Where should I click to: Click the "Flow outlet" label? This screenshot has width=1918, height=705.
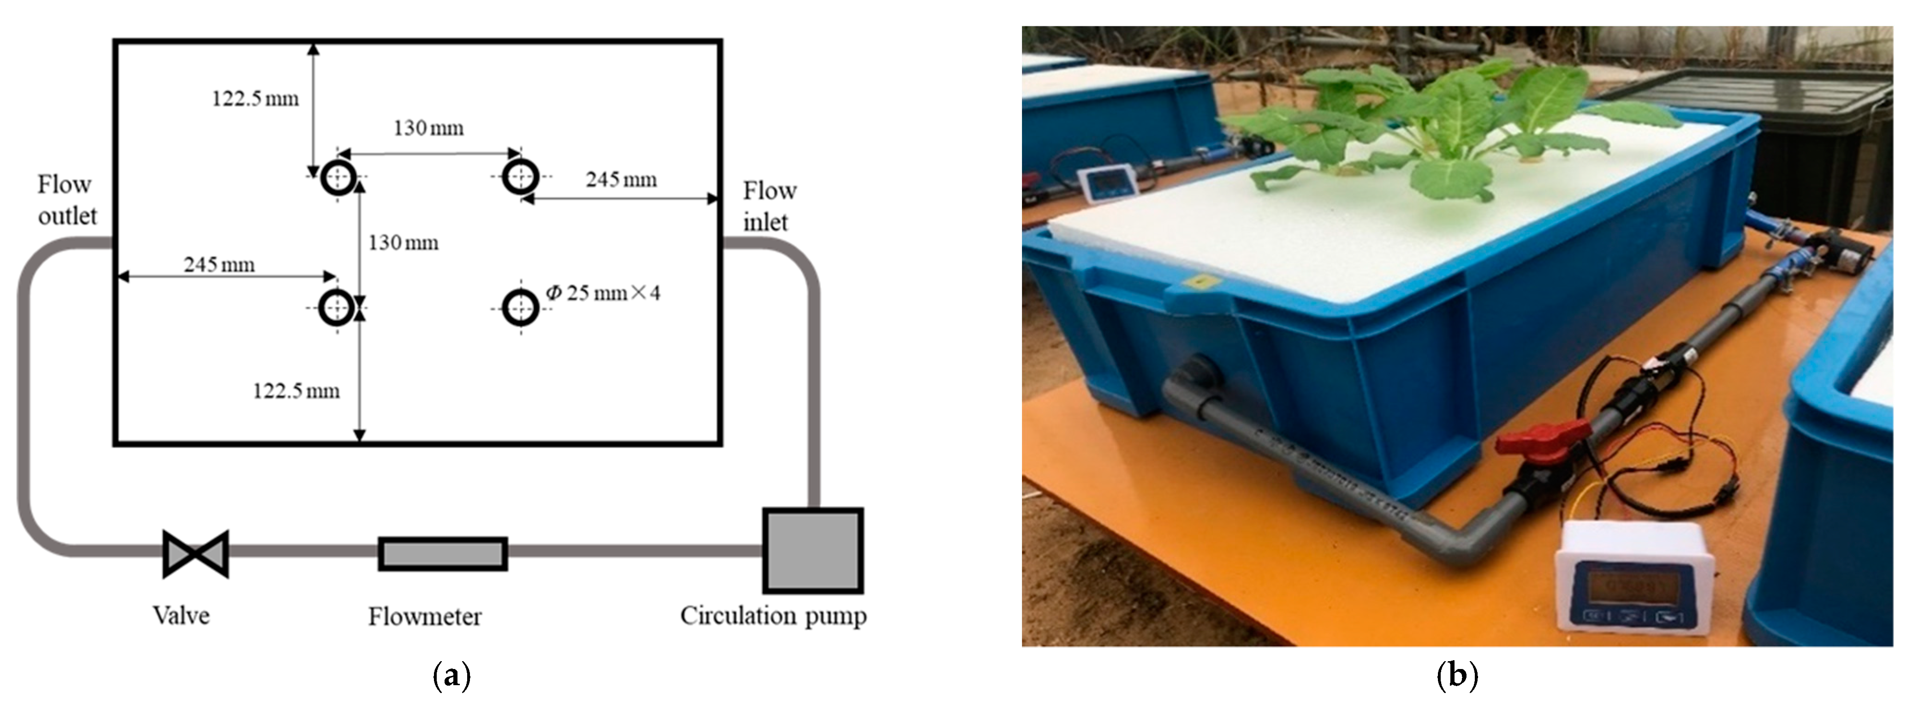67,200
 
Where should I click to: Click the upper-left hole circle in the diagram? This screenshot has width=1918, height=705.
338,177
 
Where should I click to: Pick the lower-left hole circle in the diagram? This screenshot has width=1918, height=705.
337,307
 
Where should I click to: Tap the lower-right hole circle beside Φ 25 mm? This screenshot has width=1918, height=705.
520,307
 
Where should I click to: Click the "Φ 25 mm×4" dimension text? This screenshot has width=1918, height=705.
603,293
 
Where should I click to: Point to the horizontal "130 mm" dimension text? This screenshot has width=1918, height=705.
428,128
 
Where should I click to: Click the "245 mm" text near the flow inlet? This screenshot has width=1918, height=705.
621,179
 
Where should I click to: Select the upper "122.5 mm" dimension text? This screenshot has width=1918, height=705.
255,98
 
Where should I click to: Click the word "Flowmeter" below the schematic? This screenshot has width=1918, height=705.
424,616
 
